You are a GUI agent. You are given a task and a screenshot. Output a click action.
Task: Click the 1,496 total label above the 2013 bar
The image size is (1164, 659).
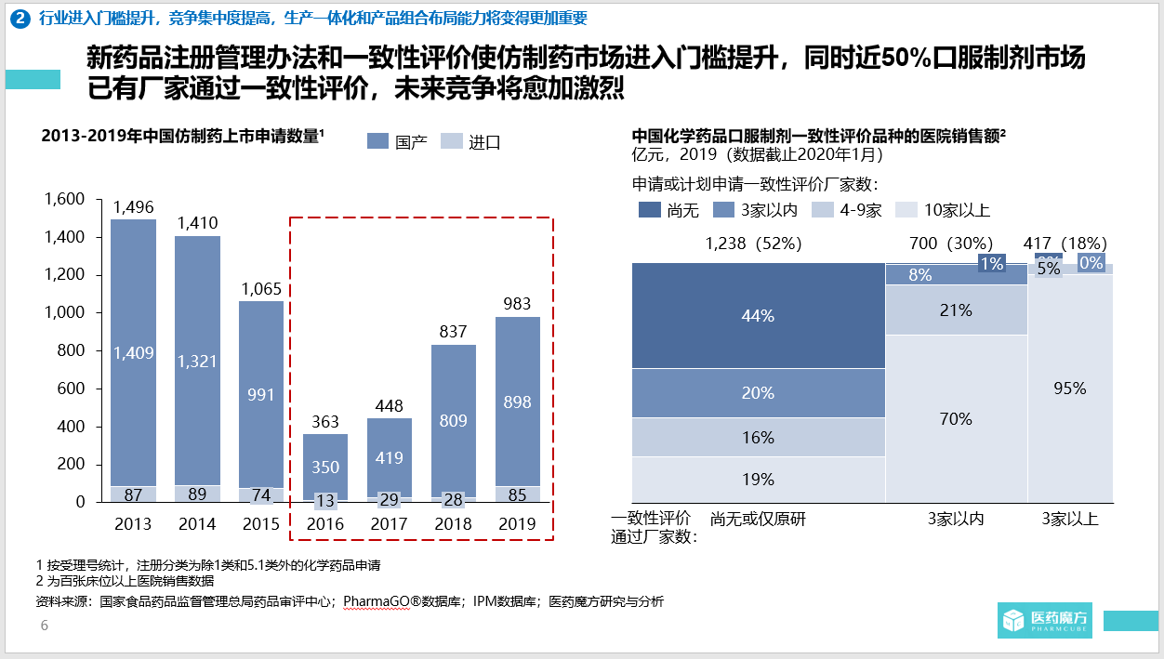[x=133, y=207]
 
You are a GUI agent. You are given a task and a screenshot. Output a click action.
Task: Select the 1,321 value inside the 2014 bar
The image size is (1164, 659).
[x=197, y=361]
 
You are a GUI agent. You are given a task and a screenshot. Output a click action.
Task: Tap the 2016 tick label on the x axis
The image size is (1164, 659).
[x=324, y=523]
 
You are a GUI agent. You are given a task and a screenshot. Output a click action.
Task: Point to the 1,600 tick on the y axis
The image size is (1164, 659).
[x=64, y=199]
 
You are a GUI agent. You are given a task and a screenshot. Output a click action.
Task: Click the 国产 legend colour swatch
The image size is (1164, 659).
[x=377, y=141]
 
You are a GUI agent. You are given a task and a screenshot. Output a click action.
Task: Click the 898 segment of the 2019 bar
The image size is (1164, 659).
[x=517, y=402]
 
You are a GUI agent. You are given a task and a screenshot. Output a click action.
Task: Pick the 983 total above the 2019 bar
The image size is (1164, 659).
[x=517, y=304]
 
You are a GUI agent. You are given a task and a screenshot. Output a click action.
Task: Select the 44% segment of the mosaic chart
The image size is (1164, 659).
[x=758, y=316]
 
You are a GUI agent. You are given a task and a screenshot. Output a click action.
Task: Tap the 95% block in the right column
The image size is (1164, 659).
[x=1069, y=389]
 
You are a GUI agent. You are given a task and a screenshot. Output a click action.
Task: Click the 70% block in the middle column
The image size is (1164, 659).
[x=956, y=419]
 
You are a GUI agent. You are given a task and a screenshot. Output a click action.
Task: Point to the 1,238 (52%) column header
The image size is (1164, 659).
[x=753, y=244]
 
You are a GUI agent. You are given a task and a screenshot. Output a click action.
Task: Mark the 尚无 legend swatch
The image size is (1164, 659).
[x=649, y=210]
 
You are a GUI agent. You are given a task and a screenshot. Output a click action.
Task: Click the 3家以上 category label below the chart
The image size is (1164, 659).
[x=1070, y=519]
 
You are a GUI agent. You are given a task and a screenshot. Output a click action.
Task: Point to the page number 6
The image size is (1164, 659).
[x=44, y=626]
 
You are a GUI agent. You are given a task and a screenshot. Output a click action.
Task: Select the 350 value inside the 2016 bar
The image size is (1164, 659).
[x=325, y=467]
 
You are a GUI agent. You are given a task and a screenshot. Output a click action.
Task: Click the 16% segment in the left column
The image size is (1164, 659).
[x=758, y=437]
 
